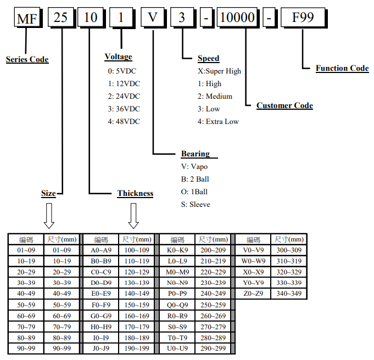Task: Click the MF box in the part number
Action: pos(26,19)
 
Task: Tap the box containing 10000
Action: pos(237,19)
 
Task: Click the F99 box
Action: pos(303,19)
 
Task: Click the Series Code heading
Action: pos(27,59)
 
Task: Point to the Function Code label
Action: pos(342,68)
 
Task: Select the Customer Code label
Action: pos(284,105)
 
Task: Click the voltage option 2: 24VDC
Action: pos(124,96)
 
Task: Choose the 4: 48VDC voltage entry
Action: pos(124,121)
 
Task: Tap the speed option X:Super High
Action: pos(219,71)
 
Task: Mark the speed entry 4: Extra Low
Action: pos(218,121)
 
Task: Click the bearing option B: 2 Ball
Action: pos(195,179)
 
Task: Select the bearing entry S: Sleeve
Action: pos(196,204)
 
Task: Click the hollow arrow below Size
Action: pos(49,216)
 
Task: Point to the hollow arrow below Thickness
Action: pos(133,216)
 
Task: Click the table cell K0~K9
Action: pos(177,250)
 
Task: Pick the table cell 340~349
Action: pos(289,294)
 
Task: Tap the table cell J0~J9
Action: pos(101,348)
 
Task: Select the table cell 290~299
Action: pos(213,348)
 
